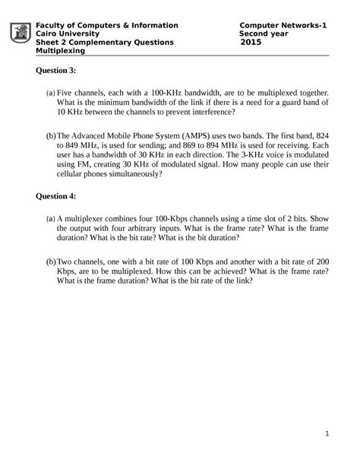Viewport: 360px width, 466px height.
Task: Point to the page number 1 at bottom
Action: [325, 435]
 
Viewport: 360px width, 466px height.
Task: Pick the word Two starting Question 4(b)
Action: [65, 259]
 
